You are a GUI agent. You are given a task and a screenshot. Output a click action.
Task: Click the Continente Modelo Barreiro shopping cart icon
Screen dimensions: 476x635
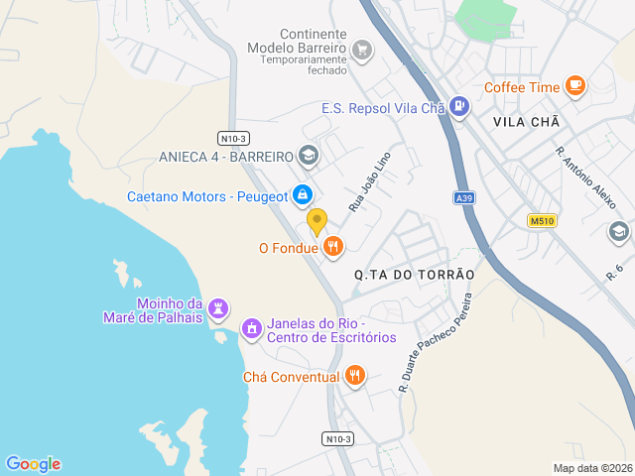(362, 49)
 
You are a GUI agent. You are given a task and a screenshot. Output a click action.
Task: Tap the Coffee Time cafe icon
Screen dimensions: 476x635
(574, 86)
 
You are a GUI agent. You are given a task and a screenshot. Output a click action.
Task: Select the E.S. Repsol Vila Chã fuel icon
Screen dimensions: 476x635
(457, 106)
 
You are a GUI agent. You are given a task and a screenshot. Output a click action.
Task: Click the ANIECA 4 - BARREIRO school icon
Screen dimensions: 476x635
(308, 156)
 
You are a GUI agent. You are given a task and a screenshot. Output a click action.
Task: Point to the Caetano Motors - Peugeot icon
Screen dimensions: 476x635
(303, 195)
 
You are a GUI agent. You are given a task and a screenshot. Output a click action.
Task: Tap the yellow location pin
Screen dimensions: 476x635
(317, 221)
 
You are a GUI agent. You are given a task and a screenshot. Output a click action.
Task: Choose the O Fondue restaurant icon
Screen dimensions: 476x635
(332, 247)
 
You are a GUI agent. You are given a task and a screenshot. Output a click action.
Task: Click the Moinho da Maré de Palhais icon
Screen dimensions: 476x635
(218, 309)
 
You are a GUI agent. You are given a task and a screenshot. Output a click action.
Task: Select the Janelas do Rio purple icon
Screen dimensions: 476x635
(252, 327)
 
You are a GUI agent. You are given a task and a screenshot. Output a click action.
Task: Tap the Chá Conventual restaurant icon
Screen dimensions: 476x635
(355, 376)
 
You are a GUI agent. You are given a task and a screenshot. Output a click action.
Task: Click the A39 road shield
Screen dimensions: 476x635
(463, 198)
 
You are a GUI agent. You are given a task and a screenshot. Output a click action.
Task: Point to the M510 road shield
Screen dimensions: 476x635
(541, 221)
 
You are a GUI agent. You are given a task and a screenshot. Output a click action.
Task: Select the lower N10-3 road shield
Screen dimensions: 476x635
(337, 438)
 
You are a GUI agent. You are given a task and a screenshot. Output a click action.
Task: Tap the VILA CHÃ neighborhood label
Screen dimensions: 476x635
(526, 122)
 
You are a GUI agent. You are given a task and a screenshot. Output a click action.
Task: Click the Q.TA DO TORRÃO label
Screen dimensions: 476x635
(415, 274)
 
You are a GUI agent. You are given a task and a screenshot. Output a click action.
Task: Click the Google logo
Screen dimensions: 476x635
(34, 463)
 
